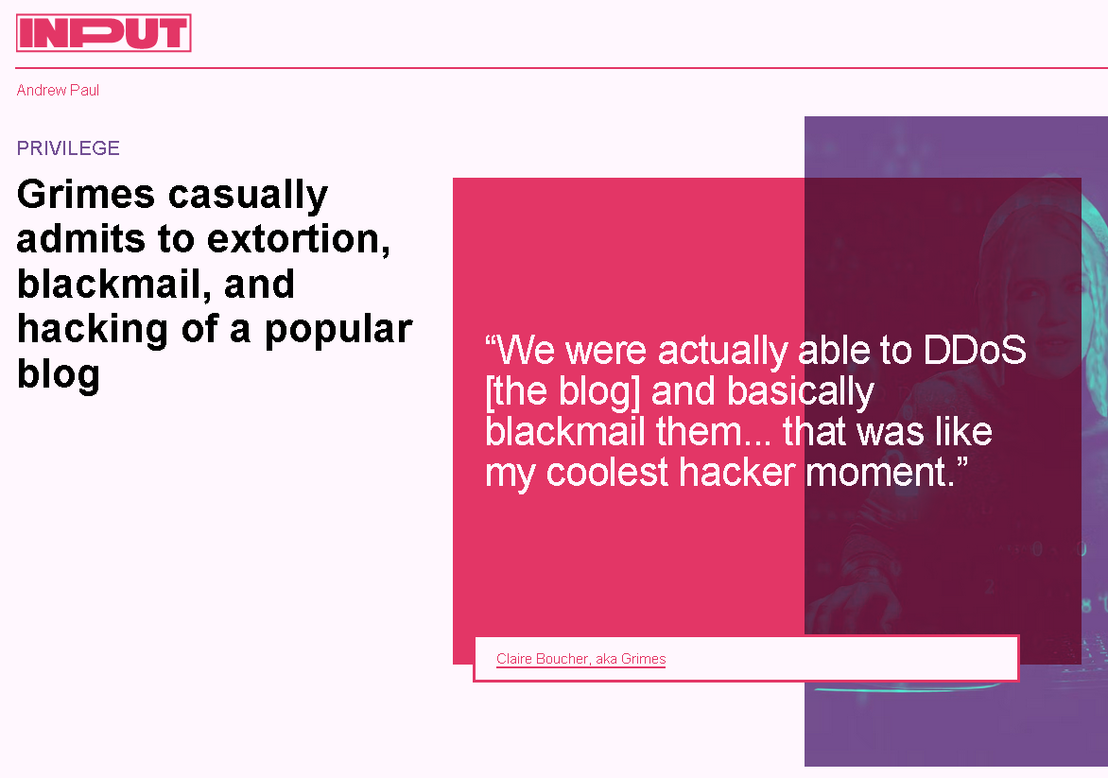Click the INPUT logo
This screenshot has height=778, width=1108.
[x=103, y=32]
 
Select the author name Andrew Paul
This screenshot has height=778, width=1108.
[x=58, y=91]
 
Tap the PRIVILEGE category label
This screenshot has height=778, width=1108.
[x=69, y=148]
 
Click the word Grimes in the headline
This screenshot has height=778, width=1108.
[x=85, y=194]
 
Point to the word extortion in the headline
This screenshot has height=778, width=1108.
[x=298, y=239]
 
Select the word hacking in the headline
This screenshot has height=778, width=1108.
[x=93, y=330]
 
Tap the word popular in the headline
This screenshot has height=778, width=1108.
[x=338, y=330]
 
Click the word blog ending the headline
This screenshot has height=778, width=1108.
[x=58, y=375]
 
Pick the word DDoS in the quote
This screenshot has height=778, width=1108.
[x=975, y=350]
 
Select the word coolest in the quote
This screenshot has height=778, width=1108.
[x=607, y=472]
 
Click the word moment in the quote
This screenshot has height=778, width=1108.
[x=880, y=472]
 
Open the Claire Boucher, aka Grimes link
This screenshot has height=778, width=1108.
[x=580, y=659]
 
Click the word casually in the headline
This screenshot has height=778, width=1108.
[x=248, y=195]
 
